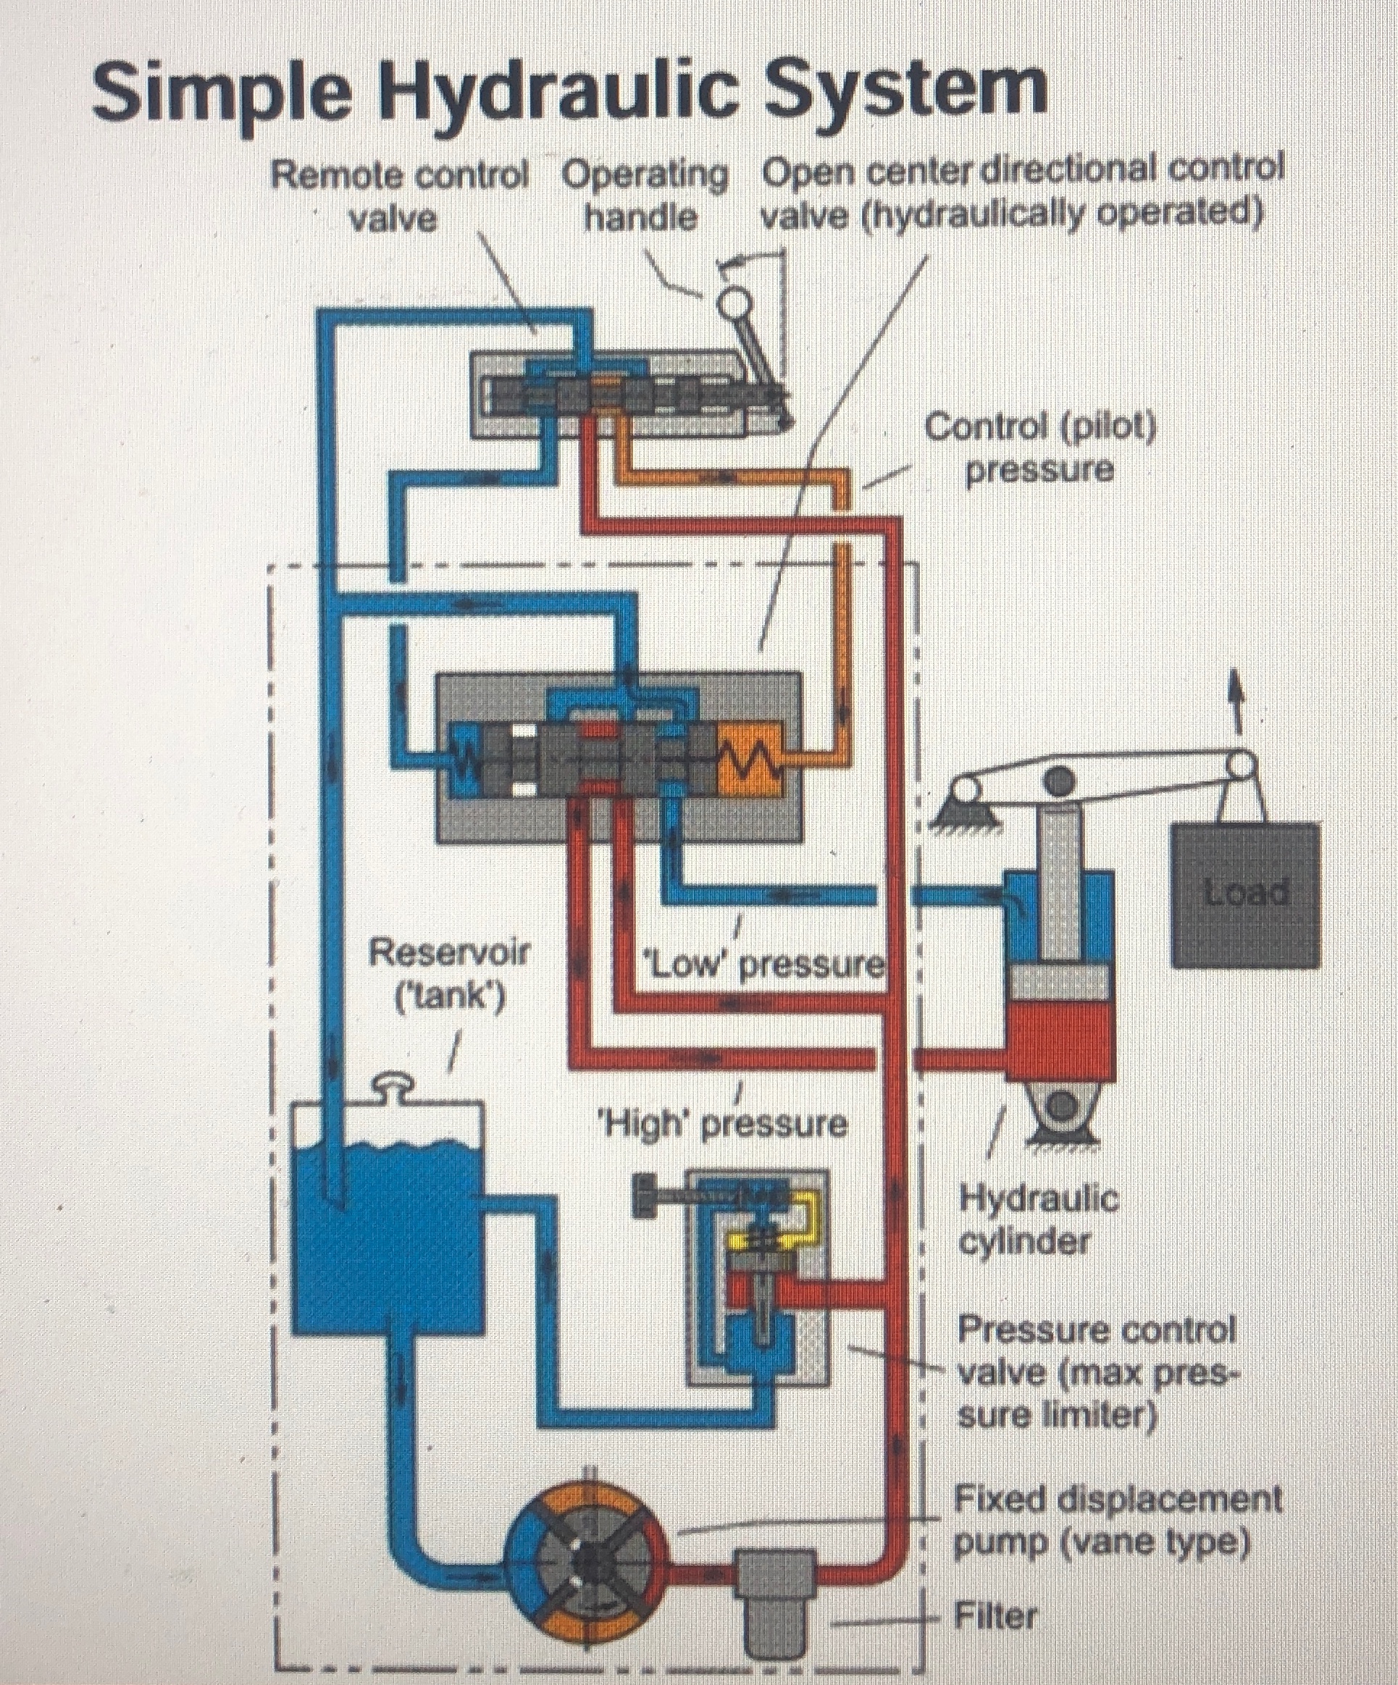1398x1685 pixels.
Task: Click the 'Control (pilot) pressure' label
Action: click(1040, 447)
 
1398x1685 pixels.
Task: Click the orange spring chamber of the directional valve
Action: click(750, 756)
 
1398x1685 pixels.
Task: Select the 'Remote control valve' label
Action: click(399, 195)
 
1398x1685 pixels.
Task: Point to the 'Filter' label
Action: click(995, 1613)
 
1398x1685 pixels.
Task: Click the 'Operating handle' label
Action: click(645, 195)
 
